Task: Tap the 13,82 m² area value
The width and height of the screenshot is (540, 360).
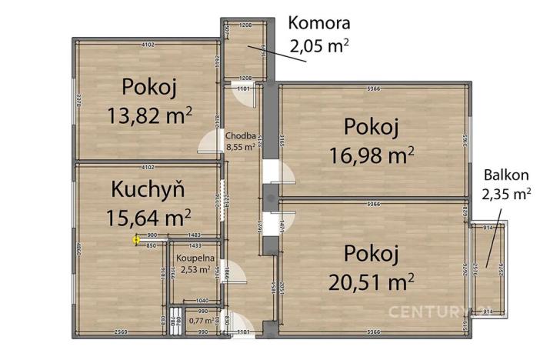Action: tap(149, 116)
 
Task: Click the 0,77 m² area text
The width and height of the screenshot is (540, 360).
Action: tap(200, 320)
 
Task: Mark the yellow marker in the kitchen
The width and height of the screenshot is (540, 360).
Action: tap(136, 240)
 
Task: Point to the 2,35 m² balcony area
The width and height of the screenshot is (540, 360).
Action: tap(506, 194)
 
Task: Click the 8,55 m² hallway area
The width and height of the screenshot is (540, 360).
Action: tap(240, 148)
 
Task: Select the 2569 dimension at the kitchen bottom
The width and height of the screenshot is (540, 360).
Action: tap(117, 332)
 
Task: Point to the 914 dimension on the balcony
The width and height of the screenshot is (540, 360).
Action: tap(488, 229)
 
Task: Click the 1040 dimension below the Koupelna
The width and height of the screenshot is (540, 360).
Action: tap(202, 302)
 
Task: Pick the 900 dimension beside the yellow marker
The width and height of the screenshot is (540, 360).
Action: tap(152, 235)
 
